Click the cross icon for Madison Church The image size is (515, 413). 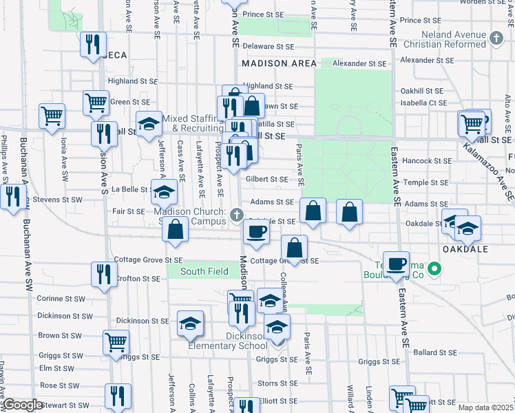[x=236, y=216]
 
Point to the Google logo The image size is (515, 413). [x=23, y=404]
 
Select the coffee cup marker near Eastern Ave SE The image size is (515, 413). [x=396, y=264]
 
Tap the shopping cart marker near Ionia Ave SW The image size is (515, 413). [x=52, y=116]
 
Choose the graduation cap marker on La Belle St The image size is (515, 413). [x=165, y=192]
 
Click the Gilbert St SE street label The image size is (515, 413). [x=266, y=179]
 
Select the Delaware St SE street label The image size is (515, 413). [x=273, y=47]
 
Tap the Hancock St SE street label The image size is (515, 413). [x=428, y=160]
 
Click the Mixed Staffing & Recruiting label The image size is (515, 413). [x=195, y=123]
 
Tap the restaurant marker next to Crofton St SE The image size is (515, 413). [x=101, y=274]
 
